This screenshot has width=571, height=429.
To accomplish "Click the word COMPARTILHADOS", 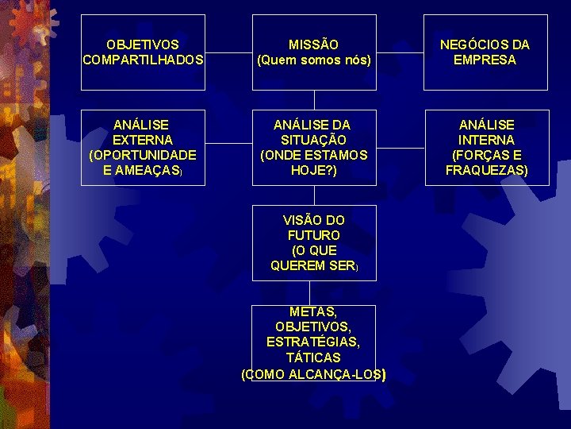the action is pyautogui.click(x=144, y=60).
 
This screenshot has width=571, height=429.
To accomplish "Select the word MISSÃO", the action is pyautogui.click(x=314, y=44).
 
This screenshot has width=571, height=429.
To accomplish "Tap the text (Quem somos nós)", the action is pyautogui.click(x=314, y=60).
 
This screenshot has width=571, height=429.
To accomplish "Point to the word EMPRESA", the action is pyautogui.click(x=486, y=60).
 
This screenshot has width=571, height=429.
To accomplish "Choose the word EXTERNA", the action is pyautogui.click(x=144, y=140).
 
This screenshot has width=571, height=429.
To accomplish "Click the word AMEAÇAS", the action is pyautogui.click(x=140, y=170).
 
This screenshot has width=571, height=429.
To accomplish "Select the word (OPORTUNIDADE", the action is pyautogui.click(x=144, y=155).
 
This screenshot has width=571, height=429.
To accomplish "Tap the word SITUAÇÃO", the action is pyautogui.click(x=314, y=140).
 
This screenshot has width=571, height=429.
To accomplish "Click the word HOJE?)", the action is pyautogui.click(x=314, y=170).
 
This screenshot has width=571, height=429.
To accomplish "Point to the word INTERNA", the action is pyautogui.click(x=486, y=140).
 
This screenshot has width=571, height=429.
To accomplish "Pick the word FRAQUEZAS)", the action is pyautogui.click(x=486, y=170).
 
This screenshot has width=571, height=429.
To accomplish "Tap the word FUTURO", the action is pyautogui.click(x=314, y=235).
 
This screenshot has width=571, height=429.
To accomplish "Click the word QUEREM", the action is pyautogui.click(x=297, y=265).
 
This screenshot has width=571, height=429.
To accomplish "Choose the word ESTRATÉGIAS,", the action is pyautogui.click(x=314, y=342).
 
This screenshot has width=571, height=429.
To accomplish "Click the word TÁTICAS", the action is pyautogui.click(x=314, y=357).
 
